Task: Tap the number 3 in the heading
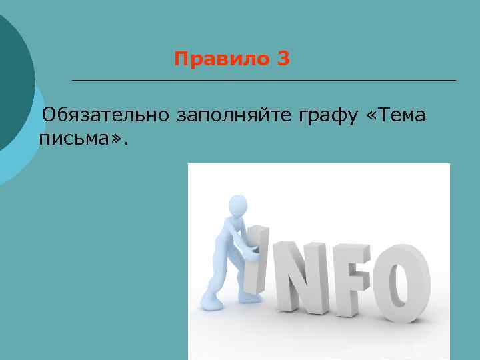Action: point(283,60)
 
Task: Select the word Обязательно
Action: point(106,116)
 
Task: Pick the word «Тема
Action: point(396,115)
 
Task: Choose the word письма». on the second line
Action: point(81,138)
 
